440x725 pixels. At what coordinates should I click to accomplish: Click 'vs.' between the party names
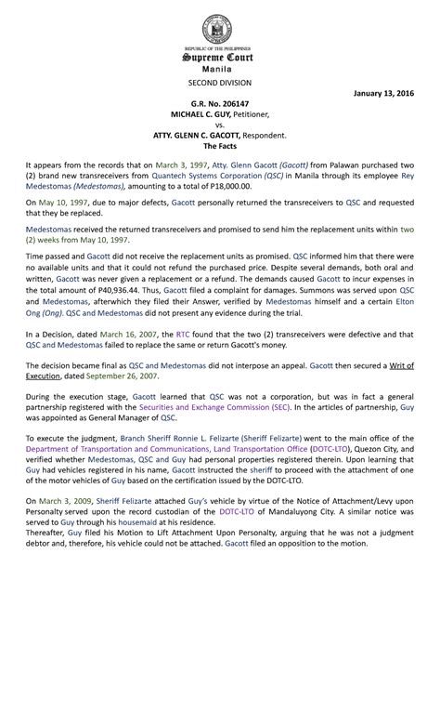click(x=220, y=126)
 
